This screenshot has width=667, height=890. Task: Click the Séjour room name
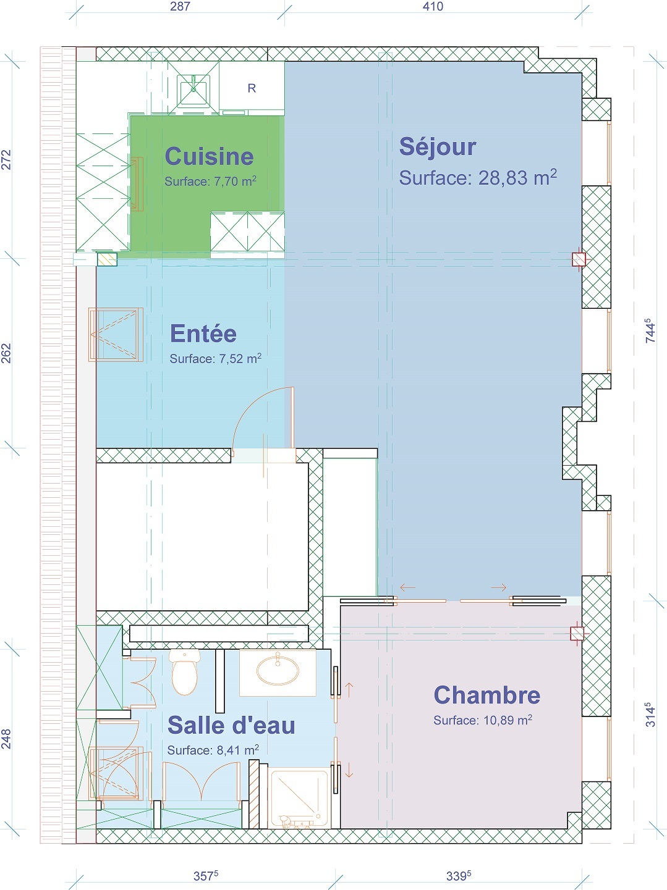438,146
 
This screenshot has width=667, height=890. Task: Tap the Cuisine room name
209,156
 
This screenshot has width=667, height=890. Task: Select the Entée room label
203,334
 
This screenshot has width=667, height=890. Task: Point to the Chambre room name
487,695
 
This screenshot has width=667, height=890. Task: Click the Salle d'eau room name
231,725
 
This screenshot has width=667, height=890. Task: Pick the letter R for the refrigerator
252,88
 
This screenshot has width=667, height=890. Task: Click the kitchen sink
193,89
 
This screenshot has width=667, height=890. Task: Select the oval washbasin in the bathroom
278,672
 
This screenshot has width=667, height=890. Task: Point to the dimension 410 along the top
433,7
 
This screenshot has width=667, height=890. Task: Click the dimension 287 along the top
180,7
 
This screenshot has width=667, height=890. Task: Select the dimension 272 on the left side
7,159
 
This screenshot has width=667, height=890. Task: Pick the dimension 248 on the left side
7,739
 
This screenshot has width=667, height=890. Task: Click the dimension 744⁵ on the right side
650,330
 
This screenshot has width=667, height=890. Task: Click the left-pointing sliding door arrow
407,587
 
